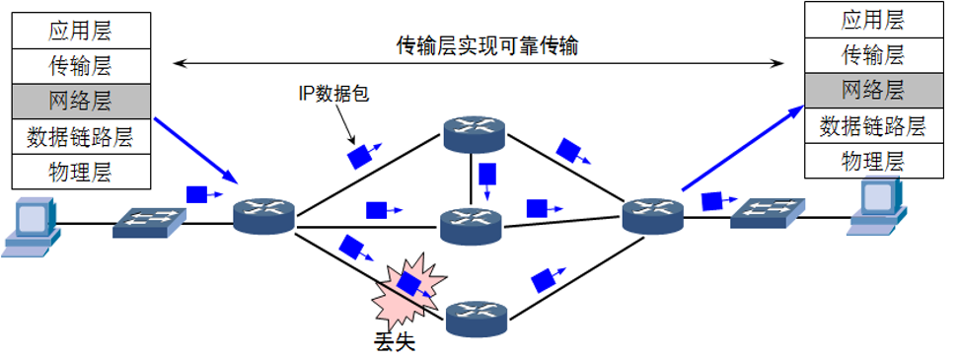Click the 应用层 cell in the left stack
point(80,30)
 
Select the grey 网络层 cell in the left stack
point(80,100)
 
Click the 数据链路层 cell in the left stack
point(80,135)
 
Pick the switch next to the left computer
point(147,223)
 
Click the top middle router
point(472,134)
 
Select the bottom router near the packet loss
point(477,319)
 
